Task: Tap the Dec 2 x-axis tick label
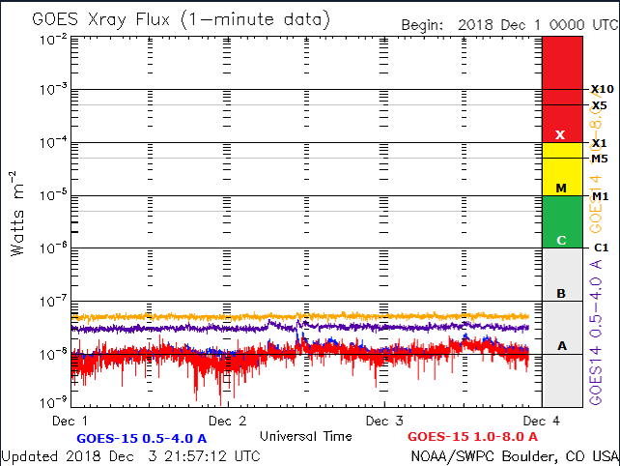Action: pyautogui.click(x=227, y=421)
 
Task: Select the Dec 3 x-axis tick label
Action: pyautogui.click(x=384, y=421)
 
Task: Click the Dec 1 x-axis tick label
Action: pyautogui.click(x=70, y=421)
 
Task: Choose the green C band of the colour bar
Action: pyautogui.click(x=560, y=222)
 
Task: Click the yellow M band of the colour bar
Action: pyautogui.click(x=560, y=170)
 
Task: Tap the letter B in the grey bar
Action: pyautogui.click(x=560, y=293)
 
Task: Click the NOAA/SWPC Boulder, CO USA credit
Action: pyautogui.click(x=514, y=455)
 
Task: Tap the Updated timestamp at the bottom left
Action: pyautogui.click(x=130, y=455)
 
